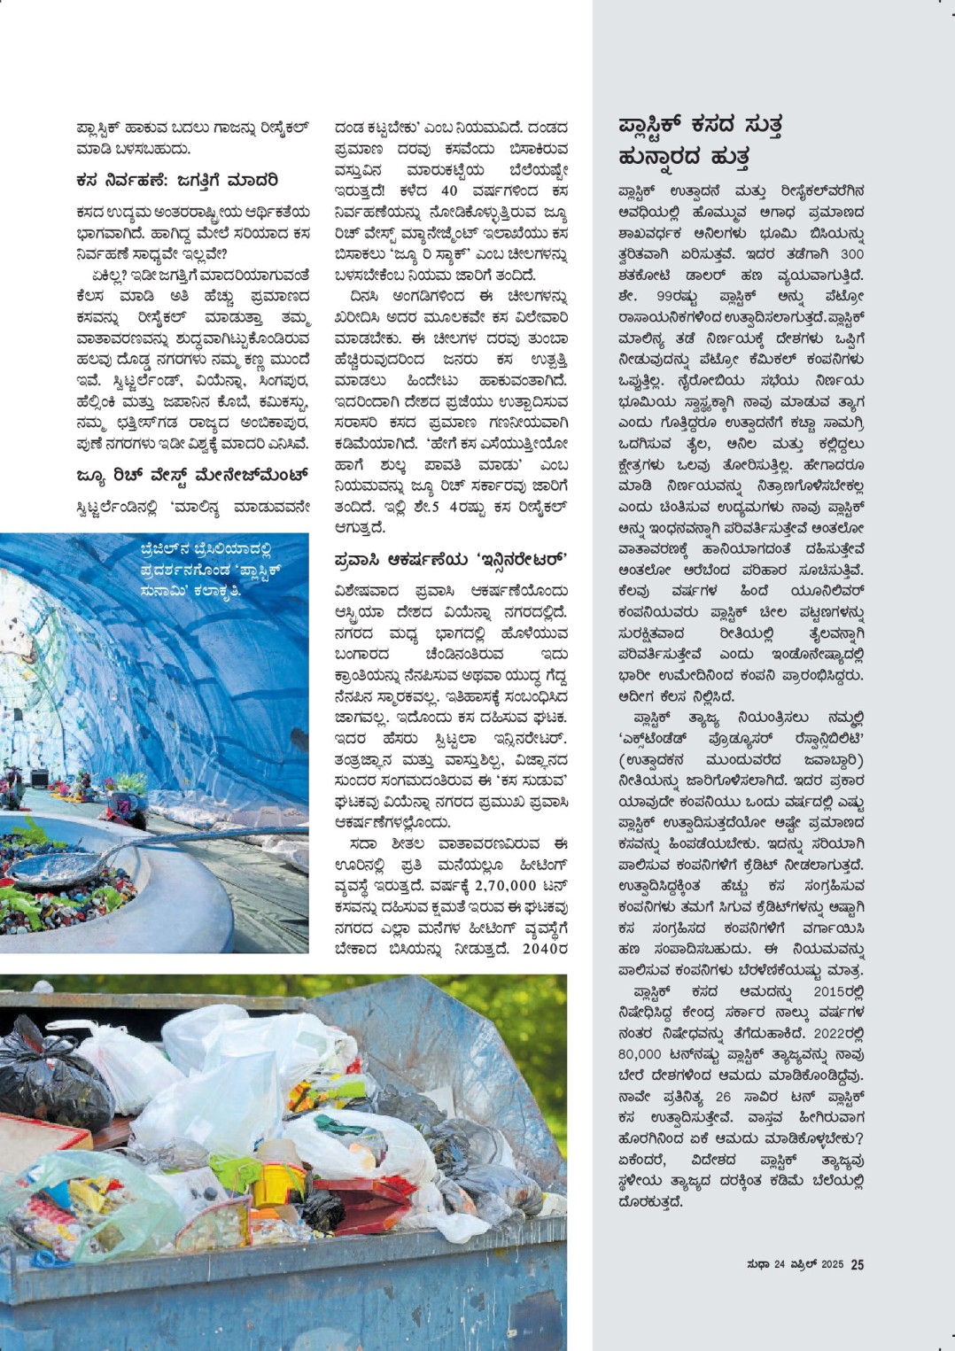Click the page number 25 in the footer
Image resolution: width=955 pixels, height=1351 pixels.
857,1265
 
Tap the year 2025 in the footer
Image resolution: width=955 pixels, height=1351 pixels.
831,1265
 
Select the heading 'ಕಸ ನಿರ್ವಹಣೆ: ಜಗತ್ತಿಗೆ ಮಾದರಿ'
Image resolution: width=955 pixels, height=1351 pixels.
177,181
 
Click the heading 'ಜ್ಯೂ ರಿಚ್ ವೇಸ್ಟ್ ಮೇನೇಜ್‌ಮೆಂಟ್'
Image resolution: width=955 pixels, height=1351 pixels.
192,476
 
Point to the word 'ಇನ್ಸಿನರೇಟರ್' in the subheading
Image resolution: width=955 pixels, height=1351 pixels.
522,560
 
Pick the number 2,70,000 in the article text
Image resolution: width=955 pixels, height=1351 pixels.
505,885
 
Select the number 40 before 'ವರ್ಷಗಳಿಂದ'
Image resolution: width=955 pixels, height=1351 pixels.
449,191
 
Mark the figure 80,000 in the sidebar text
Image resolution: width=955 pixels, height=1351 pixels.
640,1054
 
